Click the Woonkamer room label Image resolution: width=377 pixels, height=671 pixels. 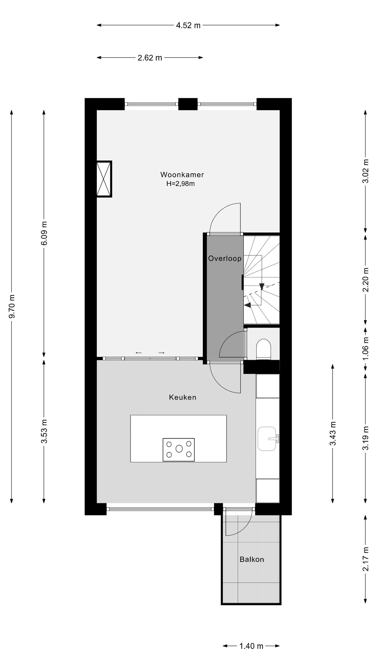(x=182, y=175)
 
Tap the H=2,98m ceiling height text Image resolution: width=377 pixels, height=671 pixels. (x=180, y=184)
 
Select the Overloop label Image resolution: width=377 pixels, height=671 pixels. (x=225, y=259)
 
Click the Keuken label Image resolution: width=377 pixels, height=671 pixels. (x=182, y=397)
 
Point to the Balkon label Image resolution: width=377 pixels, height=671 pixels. (x=252, y=560)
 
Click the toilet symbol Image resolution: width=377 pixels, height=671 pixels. (x=263, y=349)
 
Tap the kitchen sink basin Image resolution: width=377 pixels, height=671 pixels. (x=267, y=439)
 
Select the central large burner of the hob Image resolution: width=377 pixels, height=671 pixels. (x=179, y=449)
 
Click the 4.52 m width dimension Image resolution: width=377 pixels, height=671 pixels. (x=188, y=25)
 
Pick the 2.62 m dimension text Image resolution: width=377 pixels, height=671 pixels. (x=150, y=58)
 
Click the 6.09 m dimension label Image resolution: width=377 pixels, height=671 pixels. (x=44, y=233)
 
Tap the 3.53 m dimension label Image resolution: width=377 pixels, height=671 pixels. (x=44, y=431)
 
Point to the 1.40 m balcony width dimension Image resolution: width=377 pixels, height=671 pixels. (x=251, y=646)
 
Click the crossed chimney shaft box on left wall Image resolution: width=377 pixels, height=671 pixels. (x=104, y=179)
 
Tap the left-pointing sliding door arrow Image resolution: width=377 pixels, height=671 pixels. (x=138, y=353)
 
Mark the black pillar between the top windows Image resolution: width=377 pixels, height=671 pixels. (x=188, y=104)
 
